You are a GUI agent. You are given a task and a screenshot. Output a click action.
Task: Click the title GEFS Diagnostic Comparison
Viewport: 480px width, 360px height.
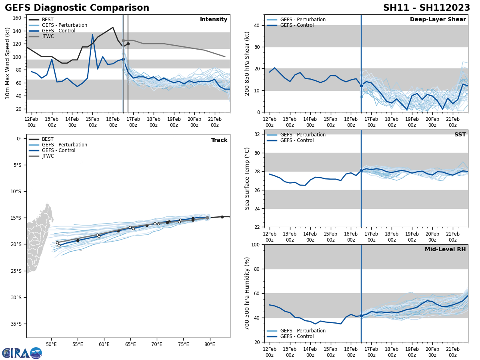[77, 8]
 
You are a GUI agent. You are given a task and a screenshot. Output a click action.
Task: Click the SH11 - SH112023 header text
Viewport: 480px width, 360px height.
[426, 8]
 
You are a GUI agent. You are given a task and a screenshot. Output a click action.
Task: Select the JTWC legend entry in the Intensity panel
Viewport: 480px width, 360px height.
[48, 36]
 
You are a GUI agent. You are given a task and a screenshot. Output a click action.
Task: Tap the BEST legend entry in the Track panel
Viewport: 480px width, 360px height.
[48, 139]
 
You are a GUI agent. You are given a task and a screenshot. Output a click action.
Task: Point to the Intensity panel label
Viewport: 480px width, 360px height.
[214, 20]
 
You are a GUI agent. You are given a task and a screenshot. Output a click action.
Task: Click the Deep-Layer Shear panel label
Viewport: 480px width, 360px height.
[438, 20]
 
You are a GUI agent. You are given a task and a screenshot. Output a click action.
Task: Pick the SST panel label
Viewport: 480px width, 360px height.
[460, 135]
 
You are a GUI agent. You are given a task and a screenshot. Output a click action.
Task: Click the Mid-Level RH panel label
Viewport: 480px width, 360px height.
[445, 250]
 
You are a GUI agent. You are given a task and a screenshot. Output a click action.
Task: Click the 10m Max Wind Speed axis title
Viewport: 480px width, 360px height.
[8, 63]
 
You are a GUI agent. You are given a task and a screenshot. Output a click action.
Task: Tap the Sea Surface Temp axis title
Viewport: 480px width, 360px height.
[247, 178]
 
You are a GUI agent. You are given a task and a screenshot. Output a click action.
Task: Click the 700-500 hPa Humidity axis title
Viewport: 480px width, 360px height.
[247, 293]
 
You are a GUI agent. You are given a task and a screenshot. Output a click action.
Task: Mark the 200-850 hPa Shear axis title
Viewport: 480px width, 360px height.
[247, 63]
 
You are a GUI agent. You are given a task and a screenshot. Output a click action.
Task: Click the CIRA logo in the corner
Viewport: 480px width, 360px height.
[22, 353]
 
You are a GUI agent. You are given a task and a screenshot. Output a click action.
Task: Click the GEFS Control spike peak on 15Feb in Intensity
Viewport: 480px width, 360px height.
[92, 34]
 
